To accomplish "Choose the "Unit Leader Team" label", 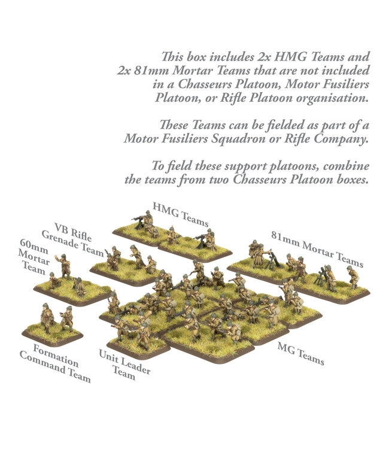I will click(124, 364).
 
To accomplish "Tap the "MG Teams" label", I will click(300, 354).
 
